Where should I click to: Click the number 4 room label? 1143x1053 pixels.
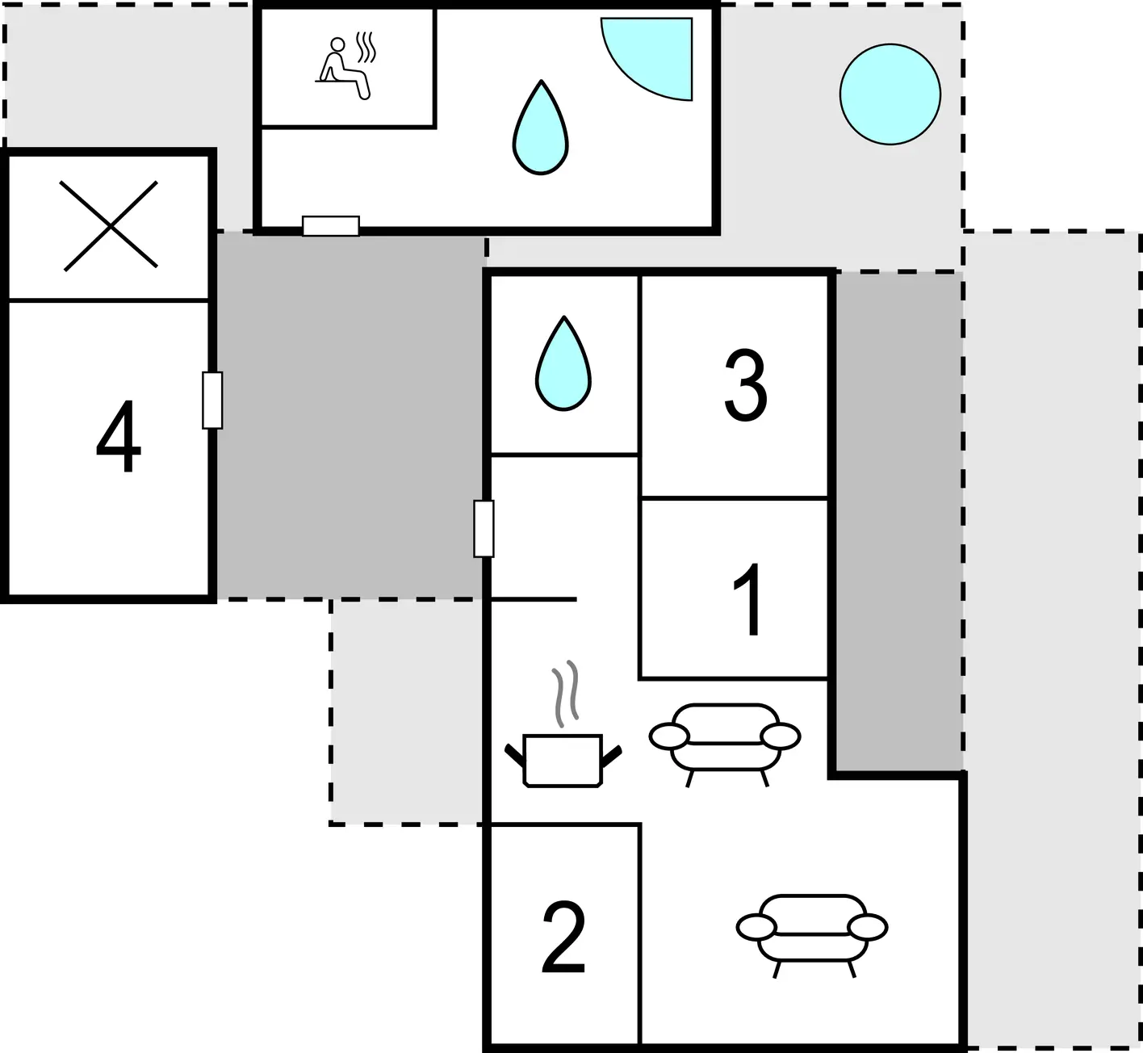coord(119,436)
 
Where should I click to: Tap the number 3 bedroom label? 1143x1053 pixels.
coord(745,386)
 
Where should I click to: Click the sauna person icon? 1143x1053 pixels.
coord(343,69)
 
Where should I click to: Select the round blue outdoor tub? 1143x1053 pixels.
coord(890,94)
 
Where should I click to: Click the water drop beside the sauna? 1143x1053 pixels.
coord(541,128)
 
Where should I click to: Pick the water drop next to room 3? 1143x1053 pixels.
coord(563,363)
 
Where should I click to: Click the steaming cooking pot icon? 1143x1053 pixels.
coord(563,761)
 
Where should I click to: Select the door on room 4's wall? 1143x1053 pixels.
coord(212,401)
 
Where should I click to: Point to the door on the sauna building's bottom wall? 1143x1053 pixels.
coord(331,226)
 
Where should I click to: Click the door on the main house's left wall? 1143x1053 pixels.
coord(484,528)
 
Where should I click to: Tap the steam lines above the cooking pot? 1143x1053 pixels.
coord(566,694)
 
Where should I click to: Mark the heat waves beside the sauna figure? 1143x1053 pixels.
coord(366,48)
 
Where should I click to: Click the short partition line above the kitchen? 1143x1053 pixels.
coord(534,599)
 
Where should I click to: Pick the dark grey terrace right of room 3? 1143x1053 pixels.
coord(899,522)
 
